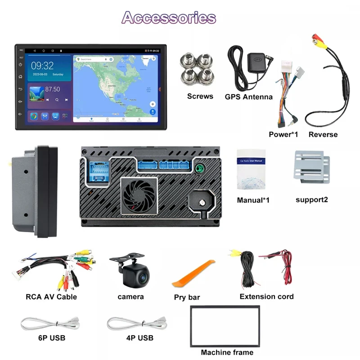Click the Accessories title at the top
pos(169,18)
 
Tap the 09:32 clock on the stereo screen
pos(42,66)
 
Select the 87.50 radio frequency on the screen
pos(53,89)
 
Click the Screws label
pos(200,96)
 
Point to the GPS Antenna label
pos(248,96)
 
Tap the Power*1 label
pos(283,134)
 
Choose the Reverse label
pos(323,134)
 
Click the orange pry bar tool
pos(193,274)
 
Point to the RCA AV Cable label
pos(51,297)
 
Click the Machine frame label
pos(227,352)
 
